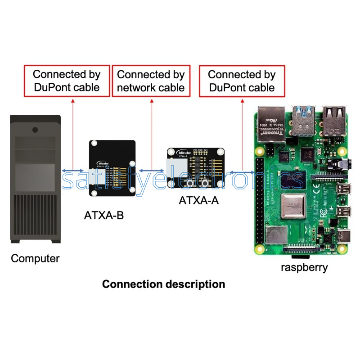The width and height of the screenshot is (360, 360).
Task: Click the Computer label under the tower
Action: click(35, 259)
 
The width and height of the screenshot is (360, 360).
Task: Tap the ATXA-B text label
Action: click(104, 216)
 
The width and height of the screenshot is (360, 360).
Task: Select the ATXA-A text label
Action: click(199, 201)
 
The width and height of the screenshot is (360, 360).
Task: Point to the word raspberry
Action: click(305, 267)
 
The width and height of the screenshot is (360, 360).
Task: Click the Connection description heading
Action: click(164, 284)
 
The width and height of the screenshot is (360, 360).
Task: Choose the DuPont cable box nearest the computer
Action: click(67, 81)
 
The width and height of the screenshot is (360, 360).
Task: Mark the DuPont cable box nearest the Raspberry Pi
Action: click(242, 81)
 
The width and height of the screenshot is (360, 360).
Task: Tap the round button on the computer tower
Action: click(35, 130)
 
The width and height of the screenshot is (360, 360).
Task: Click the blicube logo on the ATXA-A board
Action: click(183, 152)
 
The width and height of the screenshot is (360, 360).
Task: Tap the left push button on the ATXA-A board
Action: click(190, 183)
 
